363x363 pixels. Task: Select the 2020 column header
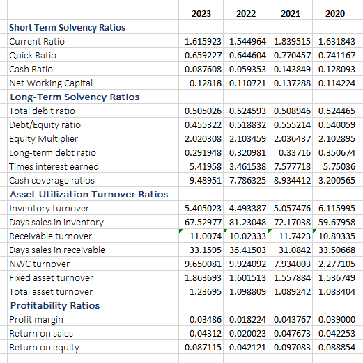[x=334, y=13]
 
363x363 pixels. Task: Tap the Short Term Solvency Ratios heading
[x=67, y=27]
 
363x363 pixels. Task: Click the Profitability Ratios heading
[x=54, y=305]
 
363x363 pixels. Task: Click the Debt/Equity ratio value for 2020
[x=336, y=124]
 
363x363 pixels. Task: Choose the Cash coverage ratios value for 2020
[x=336, y=180]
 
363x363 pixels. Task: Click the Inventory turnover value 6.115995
[x=336, y=208]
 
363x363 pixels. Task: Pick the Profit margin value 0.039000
[x=336, y=319]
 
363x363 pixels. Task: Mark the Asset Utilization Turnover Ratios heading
[x=88, y=194]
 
